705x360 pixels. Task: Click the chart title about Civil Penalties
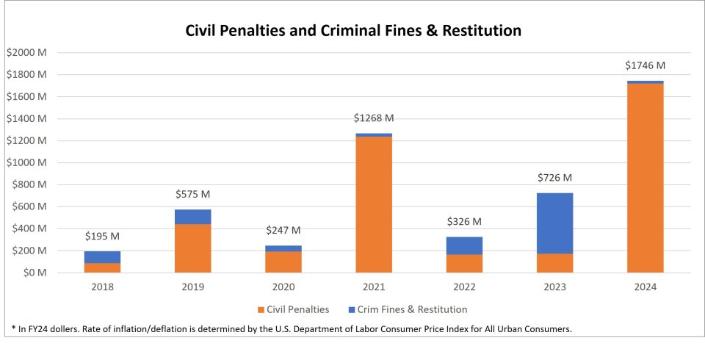[x=352, y=31]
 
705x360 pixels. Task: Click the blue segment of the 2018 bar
[x=102, y=257]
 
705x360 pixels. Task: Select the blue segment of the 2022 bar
[x=464, y=245]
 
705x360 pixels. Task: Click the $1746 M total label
[x=646, y=65]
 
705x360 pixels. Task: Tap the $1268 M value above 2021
[x=374, y=118]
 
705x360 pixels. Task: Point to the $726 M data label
[x=555, y=178]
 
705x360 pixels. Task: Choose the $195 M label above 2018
[x=102, y=236]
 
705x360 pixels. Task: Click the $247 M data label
[x=283, y=231]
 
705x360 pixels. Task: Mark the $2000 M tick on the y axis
[x=26, y=53]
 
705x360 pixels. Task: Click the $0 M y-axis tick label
[x=32, y=273]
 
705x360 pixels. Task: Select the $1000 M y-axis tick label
[x=26, y=162]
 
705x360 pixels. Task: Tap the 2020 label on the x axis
[x=283, y=287]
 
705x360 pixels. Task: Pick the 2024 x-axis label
[x=646, y=287]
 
